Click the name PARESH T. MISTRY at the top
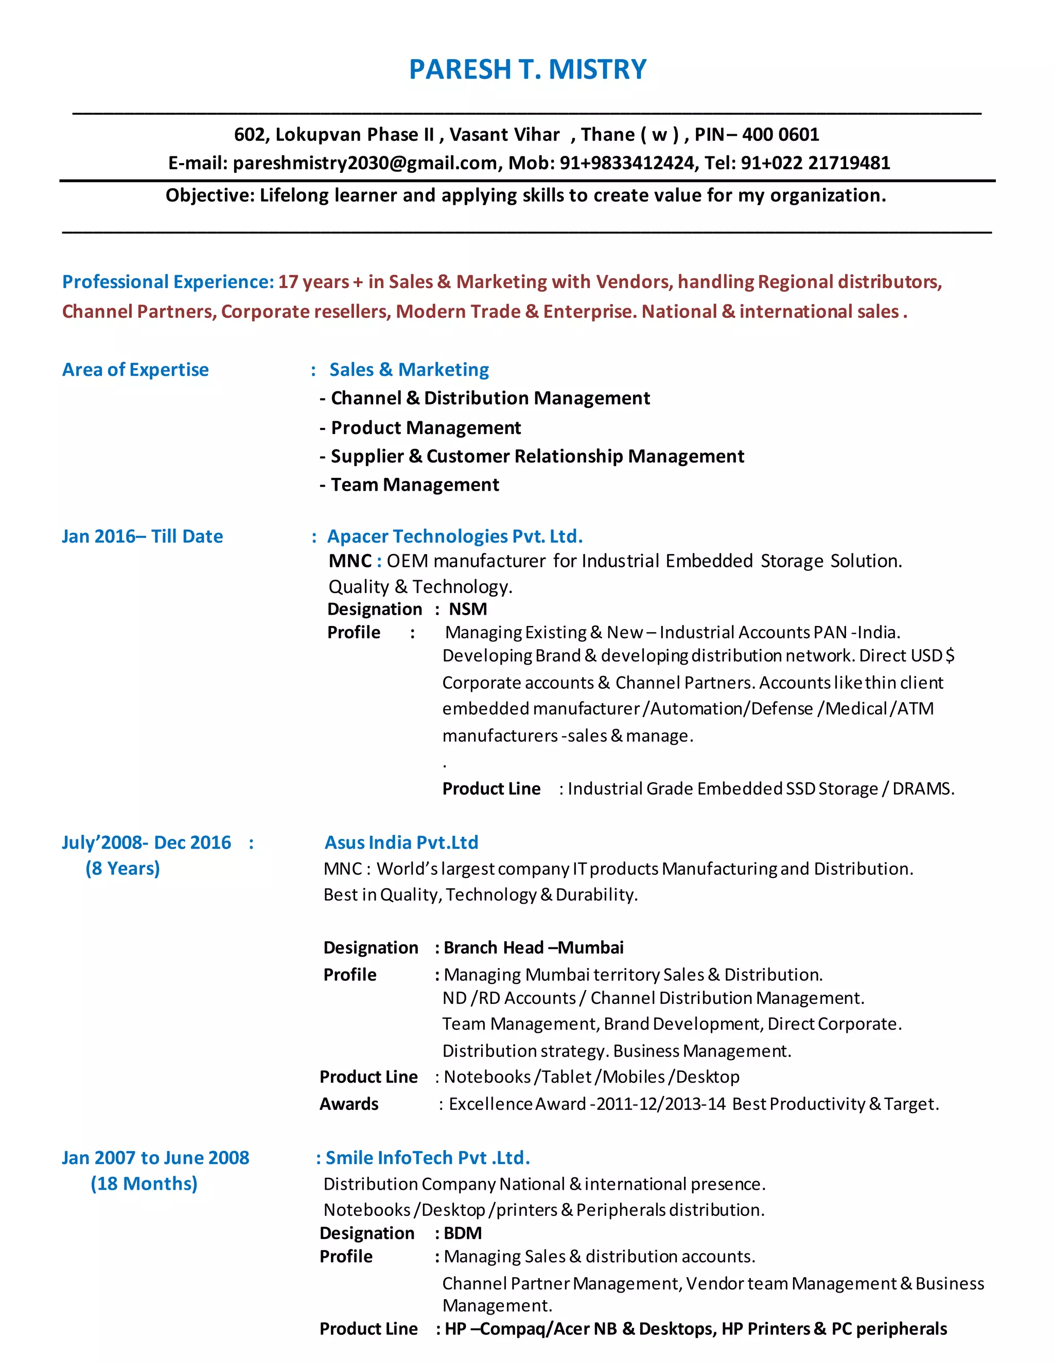pos(528,69)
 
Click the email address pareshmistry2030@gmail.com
pos(365,163)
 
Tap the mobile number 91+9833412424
pos(627,163)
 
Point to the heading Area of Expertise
pos(135,369)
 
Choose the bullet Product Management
pos(426,427)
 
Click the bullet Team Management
pos(415,485)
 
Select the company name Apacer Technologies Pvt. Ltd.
pos(454,536)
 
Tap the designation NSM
pos(468,608)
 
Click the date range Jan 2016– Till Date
pos(143,536)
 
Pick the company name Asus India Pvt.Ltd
pos(401,842)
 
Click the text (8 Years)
pos(122,868)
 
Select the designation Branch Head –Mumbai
pos(533,947)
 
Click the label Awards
pos(349,1104)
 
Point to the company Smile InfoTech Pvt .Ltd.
pos(428,1158)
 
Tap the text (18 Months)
pos(144,1183)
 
